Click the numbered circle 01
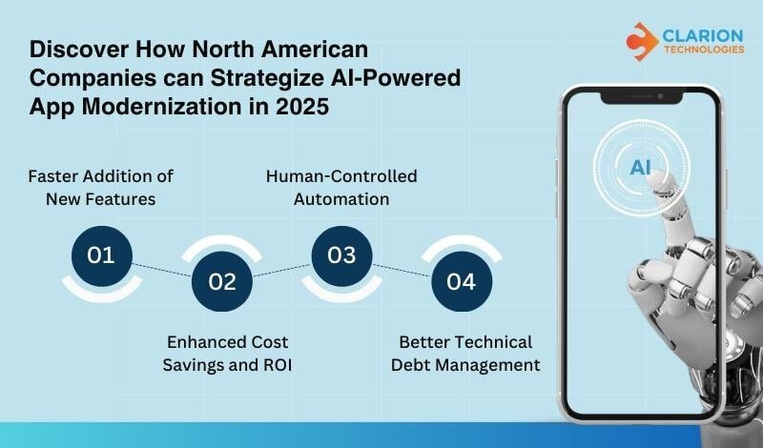(x=100, y=255)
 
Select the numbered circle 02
(x=221, y=281)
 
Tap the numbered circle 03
(x=341, y=255)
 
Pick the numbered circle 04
(x=462, y=281)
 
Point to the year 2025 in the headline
(x=305, y=107)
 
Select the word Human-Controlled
(x=340, y=176)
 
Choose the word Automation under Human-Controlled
(x=340, y=199)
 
